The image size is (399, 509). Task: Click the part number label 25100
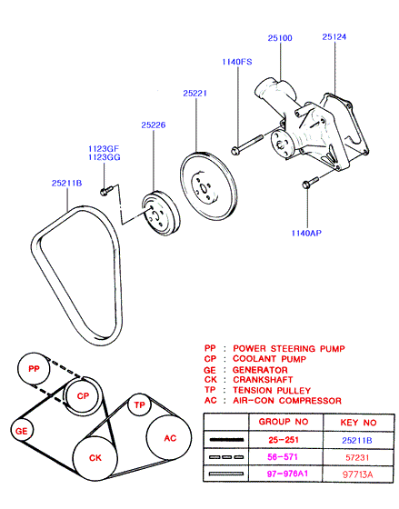(280, 38)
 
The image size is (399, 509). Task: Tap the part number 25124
(334, 37)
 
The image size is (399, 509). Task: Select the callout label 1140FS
(237, 62)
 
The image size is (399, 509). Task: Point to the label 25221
(195, 94)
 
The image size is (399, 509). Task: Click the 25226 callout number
(154, 125)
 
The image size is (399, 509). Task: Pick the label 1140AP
(306, 233)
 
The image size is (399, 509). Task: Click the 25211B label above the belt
(67, 183)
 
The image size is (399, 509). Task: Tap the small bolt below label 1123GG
(105, 191)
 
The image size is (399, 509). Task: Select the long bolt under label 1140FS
(246, 145)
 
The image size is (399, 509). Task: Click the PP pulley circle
(34, 369)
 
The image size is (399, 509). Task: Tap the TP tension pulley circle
(139, 404)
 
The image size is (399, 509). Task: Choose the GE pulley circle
(22, 431)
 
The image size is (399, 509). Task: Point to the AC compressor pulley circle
(169, 437)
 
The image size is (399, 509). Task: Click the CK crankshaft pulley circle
(95, 458)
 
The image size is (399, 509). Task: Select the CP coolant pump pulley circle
(83, 395)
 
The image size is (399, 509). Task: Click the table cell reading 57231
(357, 457)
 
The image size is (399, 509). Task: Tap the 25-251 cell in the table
(284, 440)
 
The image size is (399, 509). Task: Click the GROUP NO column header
(284, 422)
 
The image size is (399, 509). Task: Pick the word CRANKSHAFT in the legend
(263, 380)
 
